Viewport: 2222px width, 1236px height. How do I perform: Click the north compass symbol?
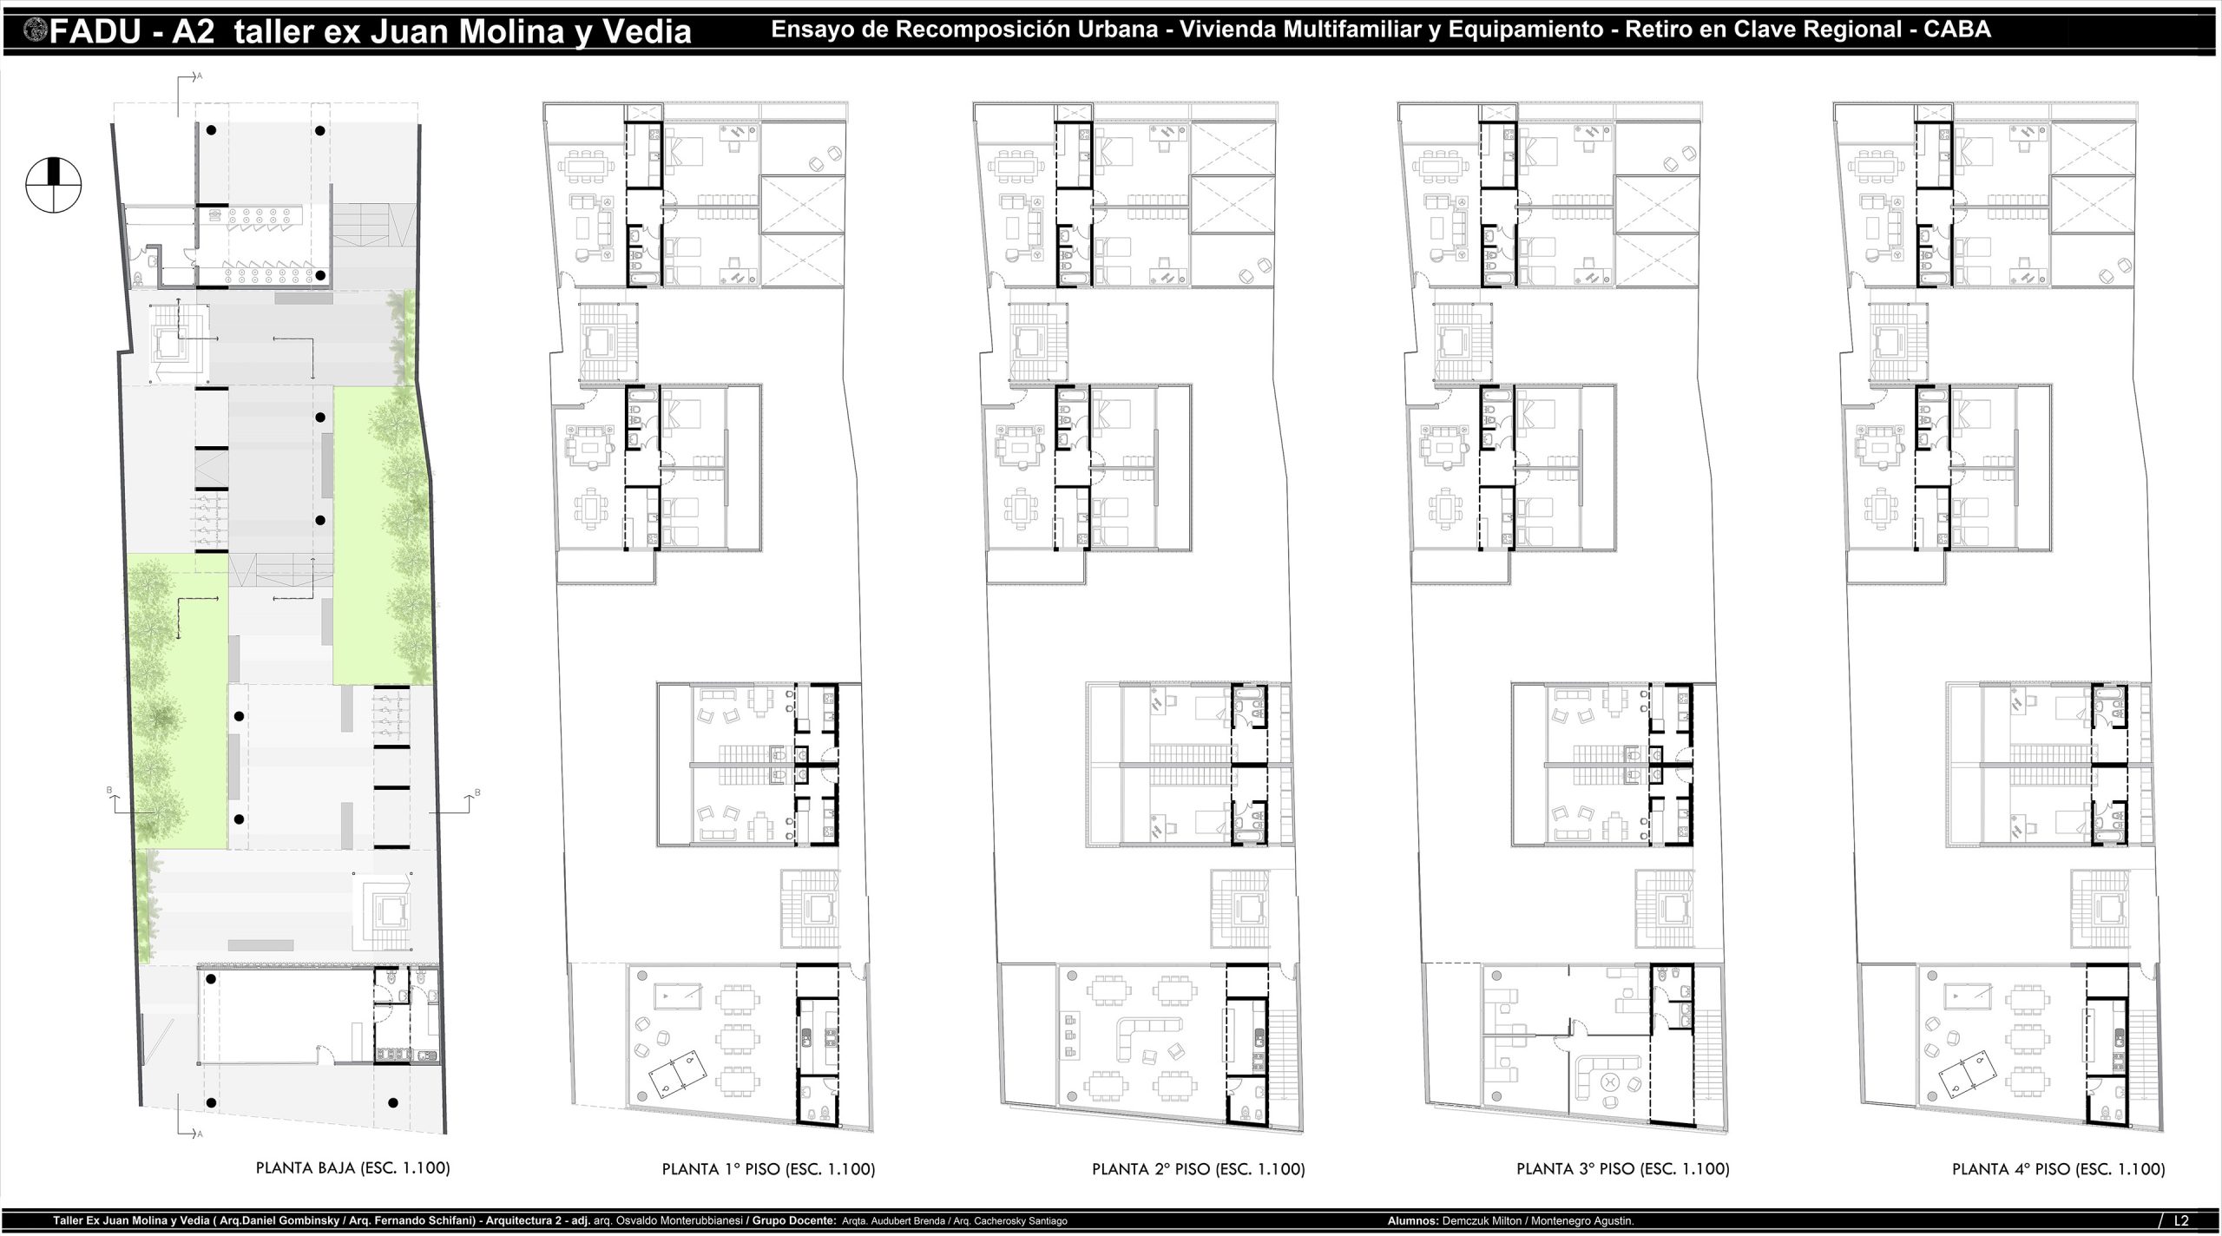(x=54, y=184)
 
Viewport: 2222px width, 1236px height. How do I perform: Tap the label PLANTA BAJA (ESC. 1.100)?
(x=352, y=1167)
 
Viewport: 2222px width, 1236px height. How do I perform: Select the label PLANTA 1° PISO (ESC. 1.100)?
(x=768, y=1169)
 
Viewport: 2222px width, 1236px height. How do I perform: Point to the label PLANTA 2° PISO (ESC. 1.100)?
(x=1198, y=1169)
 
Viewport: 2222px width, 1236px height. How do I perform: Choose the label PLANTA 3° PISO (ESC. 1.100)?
(x=1623, y=1169)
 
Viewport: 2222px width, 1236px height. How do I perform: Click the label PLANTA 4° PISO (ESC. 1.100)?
(x=2059, y=1169)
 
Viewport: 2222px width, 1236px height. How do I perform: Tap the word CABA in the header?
(x=1957, y=30)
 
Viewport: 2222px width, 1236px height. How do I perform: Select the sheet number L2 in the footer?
(x=2199, y=1220)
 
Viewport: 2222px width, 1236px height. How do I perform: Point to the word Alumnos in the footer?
(x=1412, y=1220)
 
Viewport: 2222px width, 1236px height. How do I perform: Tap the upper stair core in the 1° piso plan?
(x=608, y=342)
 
